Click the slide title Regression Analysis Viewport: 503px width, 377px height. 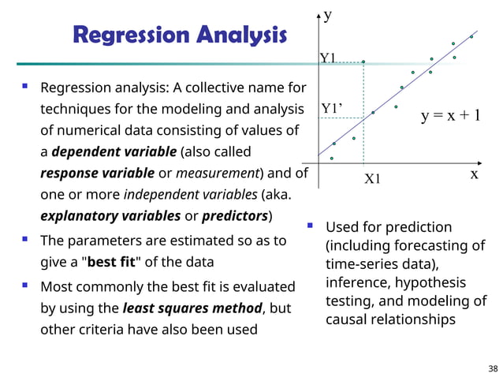[180, 35]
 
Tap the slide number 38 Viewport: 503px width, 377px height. [493, 368]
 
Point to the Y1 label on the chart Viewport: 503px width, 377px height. [327, 58]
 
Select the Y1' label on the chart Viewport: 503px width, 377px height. [332, 108]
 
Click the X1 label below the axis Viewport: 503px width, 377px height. [372, 179]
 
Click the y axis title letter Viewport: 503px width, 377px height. [328, 14]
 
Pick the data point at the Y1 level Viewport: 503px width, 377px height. [363, 62]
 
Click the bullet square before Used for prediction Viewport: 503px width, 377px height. [311, 226]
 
